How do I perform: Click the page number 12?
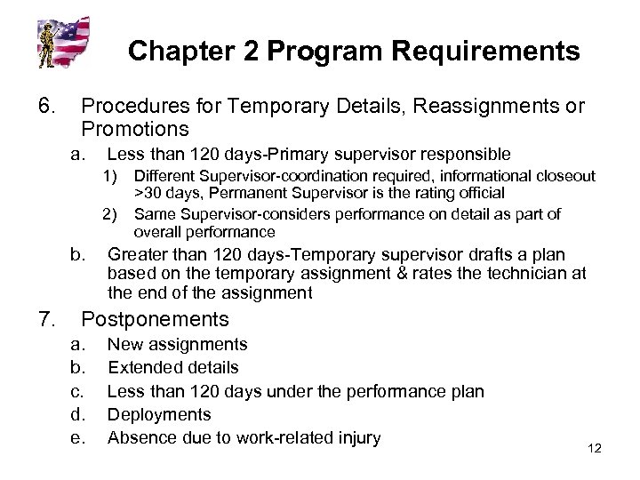coord(596,447)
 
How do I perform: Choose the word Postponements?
coord(155,318)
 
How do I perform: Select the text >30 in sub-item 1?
coord(149,191)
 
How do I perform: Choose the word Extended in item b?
coord(140,367)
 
